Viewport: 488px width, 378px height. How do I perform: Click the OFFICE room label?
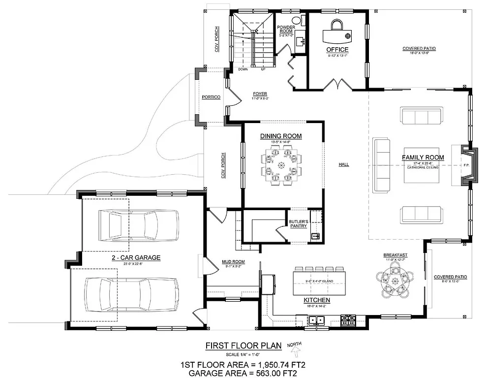337,49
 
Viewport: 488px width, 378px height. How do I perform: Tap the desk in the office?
337,35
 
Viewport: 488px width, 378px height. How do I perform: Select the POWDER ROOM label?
285,29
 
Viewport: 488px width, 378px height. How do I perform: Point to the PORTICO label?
211,97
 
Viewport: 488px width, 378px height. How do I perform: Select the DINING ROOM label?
281,136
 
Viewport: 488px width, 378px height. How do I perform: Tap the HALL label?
343,164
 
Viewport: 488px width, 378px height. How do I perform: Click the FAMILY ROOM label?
423,157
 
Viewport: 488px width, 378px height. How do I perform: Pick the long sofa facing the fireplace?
382,165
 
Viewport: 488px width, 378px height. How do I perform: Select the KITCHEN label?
317,300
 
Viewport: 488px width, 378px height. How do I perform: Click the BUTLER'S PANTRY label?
298,223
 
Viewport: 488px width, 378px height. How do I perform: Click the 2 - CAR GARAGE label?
136,257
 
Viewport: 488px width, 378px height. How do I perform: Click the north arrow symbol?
295,350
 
